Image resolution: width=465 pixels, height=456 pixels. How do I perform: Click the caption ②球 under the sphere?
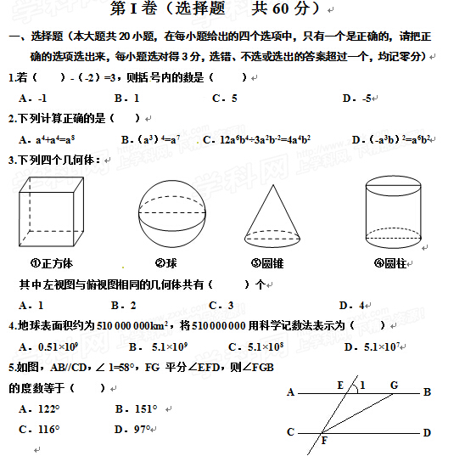[x=166, y=262]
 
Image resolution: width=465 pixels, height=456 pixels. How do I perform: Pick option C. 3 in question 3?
[x=222, y=305]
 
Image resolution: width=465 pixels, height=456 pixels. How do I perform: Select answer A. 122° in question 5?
[x=45, y=408]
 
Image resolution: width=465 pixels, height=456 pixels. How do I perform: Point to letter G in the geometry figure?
[x=394, y=385]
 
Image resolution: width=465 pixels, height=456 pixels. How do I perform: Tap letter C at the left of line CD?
[x=290, y=432]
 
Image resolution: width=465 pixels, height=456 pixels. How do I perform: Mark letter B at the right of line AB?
[x=427, y=392]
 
